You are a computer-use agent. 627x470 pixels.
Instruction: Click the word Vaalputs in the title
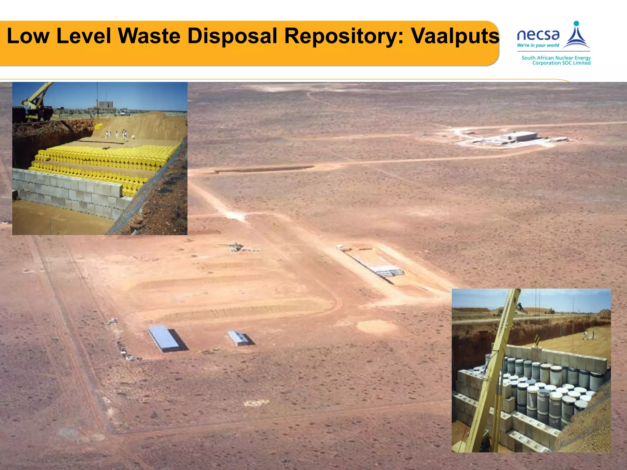[455, 36]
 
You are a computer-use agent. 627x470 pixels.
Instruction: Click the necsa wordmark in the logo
[538, 35]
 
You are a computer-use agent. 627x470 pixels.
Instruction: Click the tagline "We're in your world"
[538, 45]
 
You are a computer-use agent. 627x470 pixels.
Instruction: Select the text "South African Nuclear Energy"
[556, 58]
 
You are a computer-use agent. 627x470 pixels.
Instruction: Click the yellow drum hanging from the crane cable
[99, 126]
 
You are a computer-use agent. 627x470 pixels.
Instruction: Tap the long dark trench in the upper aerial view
[265, 169]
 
